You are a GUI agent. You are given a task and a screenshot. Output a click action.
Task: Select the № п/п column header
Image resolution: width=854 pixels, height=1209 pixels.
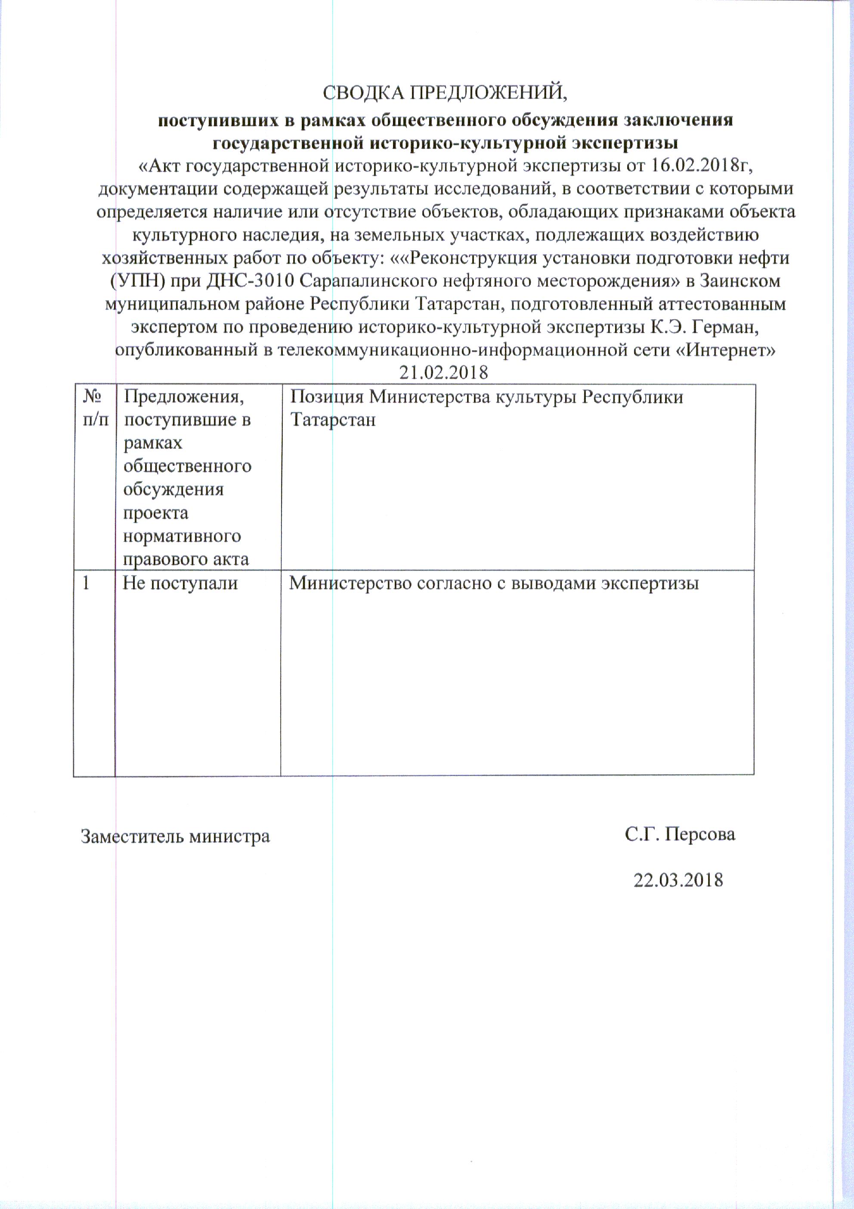[95, 408]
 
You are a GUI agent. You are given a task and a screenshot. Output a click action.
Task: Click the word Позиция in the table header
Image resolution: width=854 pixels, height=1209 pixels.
[326, 396]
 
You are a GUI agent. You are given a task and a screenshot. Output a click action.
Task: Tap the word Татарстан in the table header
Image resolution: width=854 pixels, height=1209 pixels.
[333, 420]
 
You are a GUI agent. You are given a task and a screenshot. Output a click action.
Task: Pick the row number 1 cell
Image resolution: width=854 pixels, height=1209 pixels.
[86, 583]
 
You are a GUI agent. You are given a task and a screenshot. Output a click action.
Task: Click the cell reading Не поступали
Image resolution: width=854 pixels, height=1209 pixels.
[180, 583]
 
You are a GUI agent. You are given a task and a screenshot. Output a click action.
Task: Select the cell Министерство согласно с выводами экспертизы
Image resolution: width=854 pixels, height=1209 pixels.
[494, 583]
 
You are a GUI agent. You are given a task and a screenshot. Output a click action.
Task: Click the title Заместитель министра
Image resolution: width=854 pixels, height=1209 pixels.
[175, 836]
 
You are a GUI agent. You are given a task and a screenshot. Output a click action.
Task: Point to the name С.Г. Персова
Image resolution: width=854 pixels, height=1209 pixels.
[680, 834]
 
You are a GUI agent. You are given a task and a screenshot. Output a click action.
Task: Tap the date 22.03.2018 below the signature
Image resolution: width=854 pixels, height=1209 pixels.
[678, 880]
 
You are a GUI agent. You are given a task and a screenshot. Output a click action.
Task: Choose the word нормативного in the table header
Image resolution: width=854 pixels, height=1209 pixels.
[182, 536]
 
